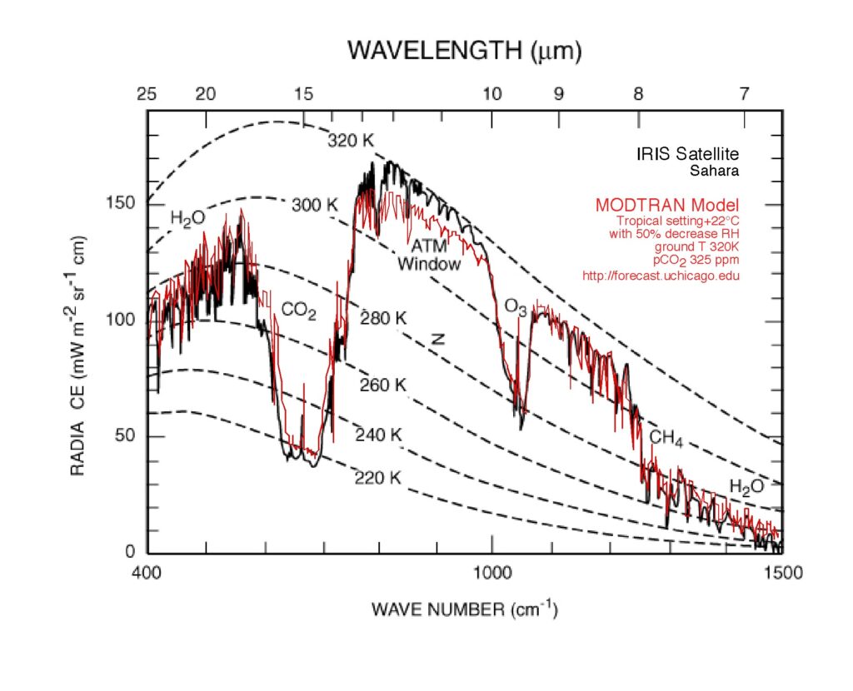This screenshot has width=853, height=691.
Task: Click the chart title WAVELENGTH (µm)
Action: coord(464,52)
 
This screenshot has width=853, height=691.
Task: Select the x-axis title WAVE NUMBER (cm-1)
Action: coord(464,609)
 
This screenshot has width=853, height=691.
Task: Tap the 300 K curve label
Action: coord(314,205)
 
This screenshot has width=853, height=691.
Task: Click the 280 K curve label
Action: coord(382,317)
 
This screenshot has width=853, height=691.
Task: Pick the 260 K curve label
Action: coord(382,385)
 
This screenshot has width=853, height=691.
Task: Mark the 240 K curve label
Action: coord(378,435)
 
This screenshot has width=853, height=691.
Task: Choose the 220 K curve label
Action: coord(378,478)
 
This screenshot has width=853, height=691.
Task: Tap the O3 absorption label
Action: coord(516,306)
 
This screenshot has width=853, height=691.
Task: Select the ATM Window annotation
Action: coord(428,256)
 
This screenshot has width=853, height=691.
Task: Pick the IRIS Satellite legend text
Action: coord(687,154)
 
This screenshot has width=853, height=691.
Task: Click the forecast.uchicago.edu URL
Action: coord(661,276)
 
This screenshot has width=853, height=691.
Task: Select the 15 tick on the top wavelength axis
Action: coord(302,94)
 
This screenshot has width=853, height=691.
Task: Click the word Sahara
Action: coord(715,171)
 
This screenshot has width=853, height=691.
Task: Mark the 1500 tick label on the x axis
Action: coord(781,573)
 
